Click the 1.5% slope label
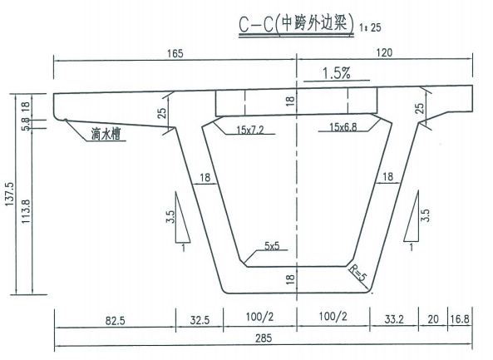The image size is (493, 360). click(x=336, y=73)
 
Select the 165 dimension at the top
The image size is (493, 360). click(x=175, y=53)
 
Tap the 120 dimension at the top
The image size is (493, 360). click(x=384, y=52)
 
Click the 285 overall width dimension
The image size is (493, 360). click(x=264, y=338)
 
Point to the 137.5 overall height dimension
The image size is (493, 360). click(x=9, y=195)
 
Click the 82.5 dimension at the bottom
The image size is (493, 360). click(x=115, y=321)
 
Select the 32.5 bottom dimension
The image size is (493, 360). click(x=200, y=320)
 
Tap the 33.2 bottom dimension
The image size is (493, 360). click(x=394, y=319)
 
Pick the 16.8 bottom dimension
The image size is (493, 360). click(x=460, y=319)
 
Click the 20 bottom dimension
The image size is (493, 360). click(x=433, y=319)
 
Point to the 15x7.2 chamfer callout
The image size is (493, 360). click(x=250, y=130)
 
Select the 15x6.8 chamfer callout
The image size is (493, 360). click(x=343, y=127)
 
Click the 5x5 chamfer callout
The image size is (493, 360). click(x=272, y=245)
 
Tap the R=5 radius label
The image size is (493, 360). click(x=358, y=273)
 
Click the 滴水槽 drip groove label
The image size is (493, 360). click(x=106, y=134)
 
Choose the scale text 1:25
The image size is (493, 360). click(x=371, y=27)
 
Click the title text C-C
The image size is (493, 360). click(x=255, y=25)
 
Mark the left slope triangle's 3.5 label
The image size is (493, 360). click(x=170, y=217)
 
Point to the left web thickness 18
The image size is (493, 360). click(x=205, y=178)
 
